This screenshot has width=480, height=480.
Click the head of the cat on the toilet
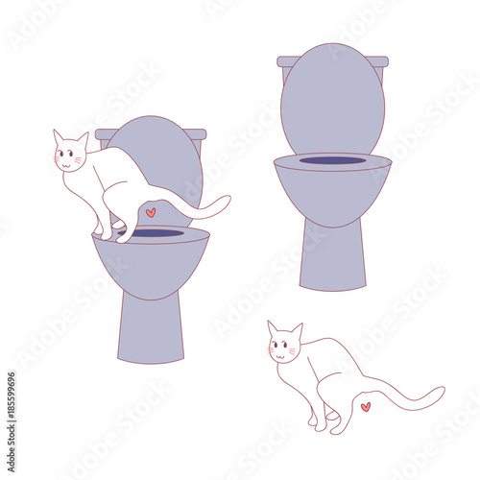(69, 156)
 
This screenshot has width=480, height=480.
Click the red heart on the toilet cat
(150, 211)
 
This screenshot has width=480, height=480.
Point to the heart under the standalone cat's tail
(365, 406)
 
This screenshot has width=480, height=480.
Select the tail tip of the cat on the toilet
(226, 200)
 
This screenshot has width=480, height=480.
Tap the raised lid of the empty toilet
(332, 101)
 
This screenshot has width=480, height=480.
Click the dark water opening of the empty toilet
(332, 160)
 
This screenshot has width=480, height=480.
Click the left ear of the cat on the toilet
(58, 136)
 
